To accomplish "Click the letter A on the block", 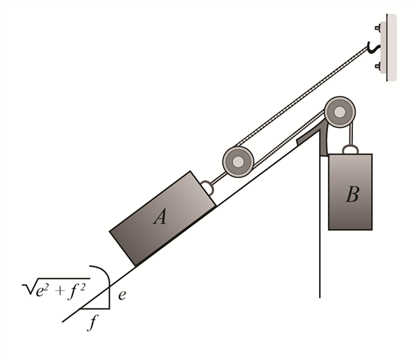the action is [161, 218].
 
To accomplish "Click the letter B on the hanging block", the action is [352, 194].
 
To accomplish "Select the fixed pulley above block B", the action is [338, 111].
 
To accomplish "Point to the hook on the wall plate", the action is [375, 47].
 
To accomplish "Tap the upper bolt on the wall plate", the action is [378, 28].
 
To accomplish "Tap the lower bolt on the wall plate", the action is [378, 67].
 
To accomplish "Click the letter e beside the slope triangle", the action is [122, 295].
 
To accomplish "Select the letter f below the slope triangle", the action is [92, 322].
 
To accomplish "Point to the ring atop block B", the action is [349, 149].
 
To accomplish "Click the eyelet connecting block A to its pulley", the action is [206, 186].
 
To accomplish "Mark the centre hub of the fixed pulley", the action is [338, 111].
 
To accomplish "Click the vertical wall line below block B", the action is [320, 264].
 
